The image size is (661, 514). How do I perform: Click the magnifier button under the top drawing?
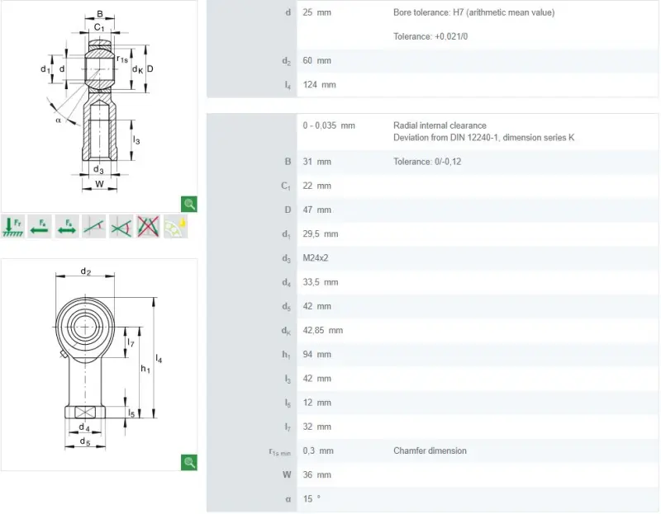[189, 204]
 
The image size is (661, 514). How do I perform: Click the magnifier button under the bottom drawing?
[189, 462]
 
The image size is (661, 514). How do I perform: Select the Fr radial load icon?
[12, 227]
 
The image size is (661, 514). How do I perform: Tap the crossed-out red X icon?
[148, 227]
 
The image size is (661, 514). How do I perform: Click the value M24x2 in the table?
[316, 258]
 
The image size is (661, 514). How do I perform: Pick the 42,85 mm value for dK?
[322, 331]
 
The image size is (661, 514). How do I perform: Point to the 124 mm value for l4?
[319, 85]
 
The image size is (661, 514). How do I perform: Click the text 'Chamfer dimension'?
[430, 450]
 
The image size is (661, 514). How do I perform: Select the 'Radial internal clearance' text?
[440, 125]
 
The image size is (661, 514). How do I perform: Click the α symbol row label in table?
[288, 499]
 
